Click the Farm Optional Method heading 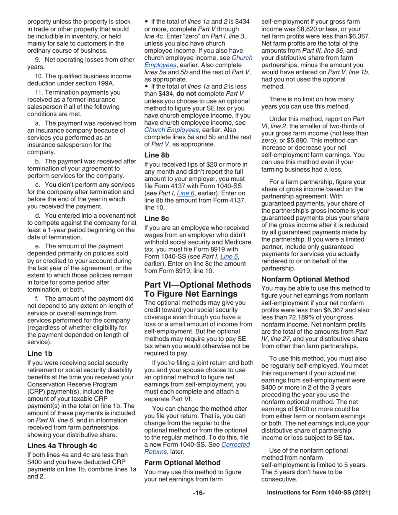tap(182, 463)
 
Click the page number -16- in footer tap(199, 493)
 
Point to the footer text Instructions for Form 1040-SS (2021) tap(319, 493)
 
